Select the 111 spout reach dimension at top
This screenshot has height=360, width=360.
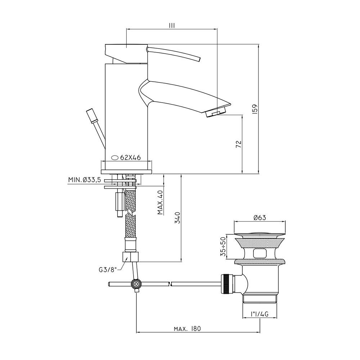(171, 26)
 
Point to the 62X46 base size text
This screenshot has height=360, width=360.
(130, 158)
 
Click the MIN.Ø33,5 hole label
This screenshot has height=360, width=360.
(85, 180)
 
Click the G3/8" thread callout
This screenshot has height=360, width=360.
(107, 270)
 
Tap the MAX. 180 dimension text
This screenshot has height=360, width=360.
(187, 329)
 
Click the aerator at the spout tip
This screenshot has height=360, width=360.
(216, 113)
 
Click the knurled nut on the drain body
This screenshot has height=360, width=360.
(227, 284)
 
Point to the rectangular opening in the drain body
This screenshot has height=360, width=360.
(260, 254)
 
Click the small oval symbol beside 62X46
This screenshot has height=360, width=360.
(114, 158)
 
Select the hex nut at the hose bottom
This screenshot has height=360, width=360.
(130, 257)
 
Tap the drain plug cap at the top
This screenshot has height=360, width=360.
(260, 235)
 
